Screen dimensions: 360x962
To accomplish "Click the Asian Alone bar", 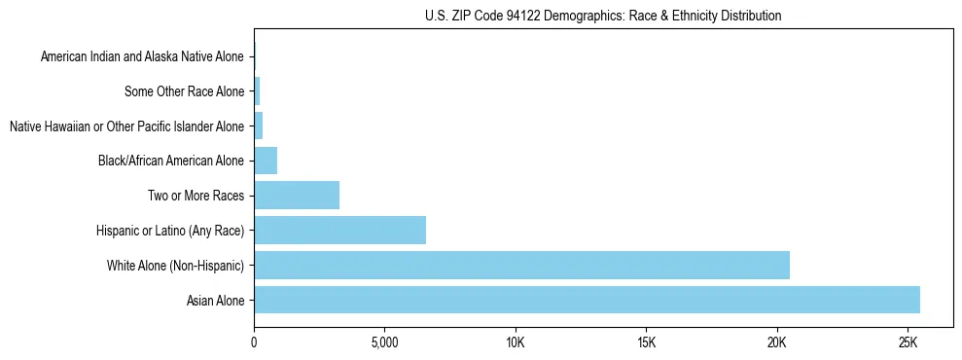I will [x=587, y=300].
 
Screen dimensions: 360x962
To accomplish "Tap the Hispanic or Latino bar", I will [x=339, y=230].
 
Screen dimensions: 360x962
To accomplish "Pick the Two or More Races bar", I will [x=297, y=196].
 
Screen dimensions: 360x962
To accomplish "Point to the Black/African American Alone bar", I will [x=266, y=161].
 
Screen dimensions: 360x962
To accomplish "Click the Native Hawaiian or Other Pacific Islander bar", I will [x=258, y=126].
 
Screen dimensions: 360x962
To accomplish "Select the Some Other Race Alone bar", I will [x=257, y=91].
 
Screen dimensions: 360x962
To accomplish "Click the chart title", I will [x=603, y=16].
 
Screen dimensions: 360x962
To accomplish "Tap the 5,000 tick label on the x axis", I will [x=384, y=343].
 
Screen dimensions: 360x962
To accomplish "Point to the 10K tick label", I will [x=516, y=343].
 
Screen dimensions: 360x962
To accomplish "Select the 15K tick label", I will [x=646, y=343].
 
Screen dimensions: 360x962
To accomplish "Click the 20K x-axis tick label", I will [x=776, y=343].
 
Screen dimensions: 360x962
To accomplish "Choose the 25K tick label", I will [x=908, y=343].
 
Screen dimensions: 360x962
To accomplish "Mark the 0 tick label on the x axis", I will [x=254, y=343].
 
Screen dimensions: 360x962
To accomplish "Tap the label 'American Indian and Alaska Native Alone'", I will [x=142, y=57].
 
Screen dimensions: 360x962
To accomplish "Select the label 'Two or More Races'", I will [x=196, y=197].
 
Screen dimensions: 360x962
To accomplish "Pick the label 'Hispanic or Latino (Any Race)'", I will [x=170, y=231].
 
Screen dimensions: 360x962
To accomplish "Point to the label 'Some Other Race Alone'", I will [x=185, y=92].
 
